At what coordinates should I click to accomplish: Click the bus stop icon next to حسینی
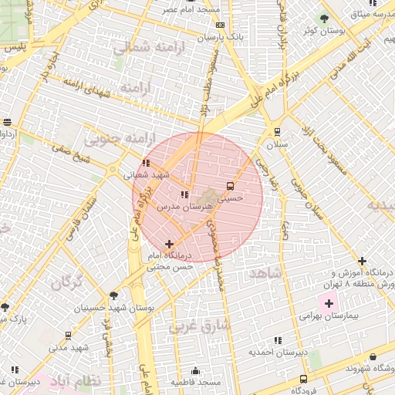click(x=230, y=186)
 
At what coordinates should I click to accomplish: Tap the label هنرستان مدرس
click(x=184, y=208)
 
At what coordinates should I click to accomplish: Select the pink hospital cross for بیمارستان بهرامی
click(x=329, y=303)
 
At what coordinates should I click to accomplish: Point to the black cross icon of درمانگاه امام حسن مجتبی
click(x=170, y=245)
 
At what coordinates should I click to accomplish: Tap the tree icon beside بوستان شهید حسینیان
click(x=114, y=295)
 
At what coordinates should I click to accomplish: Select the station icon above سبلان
click(x=277, y=132)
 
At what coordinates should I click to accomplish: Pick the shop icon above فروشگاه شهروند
click(x=373, y=357)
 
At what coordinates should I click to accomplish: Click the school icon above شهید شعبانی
click(x=146, y=163)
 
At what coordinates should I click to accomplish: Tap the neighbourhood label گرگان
click(x=66, y=282)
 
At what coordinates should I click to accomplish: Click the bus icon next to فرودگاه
click(x=302, y=380)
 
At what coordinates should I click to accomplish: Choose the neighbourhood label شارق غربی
click(x=204, y=326)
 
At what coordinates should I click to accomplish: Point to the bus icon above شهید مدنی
click(x=69, y=336)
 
